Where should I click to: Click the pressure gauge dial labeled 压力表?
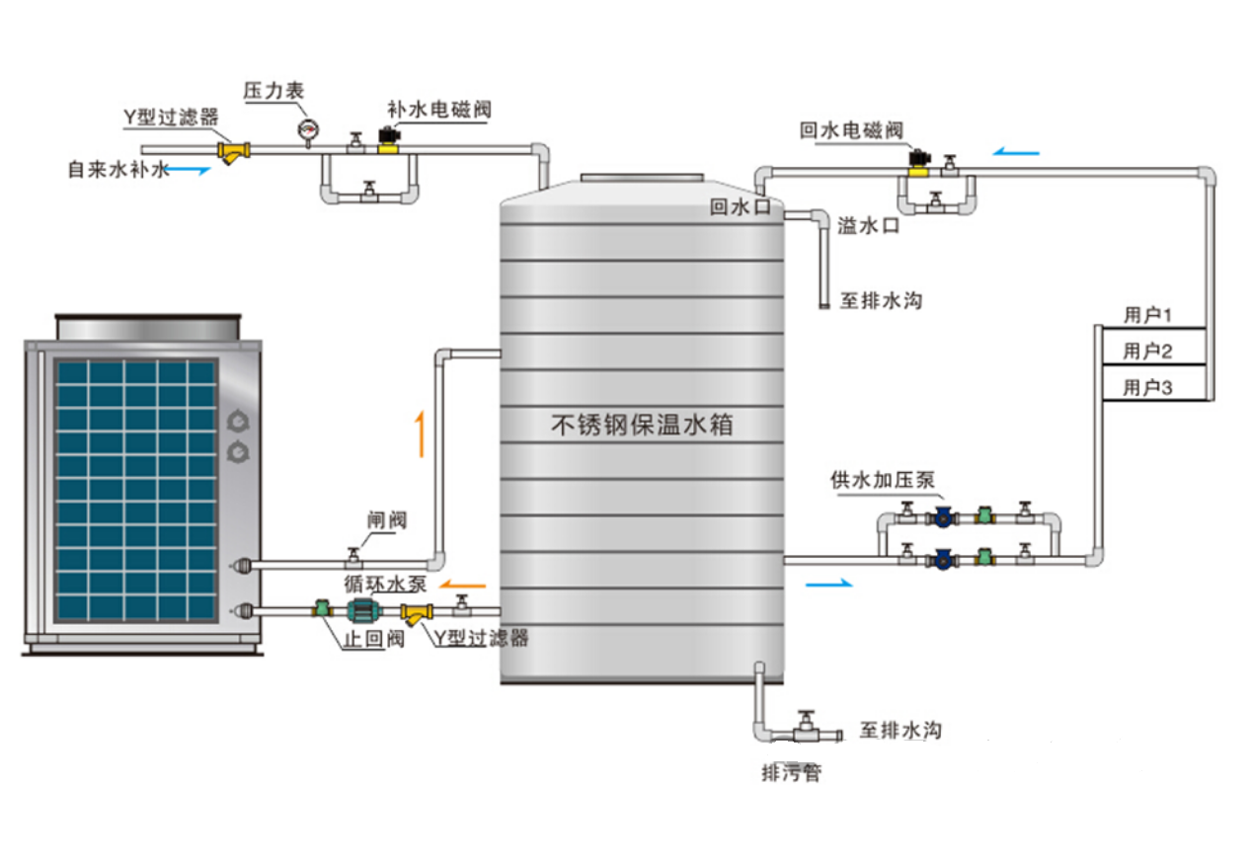click(308, 128)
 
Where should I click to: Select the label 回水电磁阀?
click(851, 130)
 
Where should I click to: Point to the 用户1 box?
click(1149, 315)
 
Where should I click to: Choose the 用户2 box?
click(1149, 351)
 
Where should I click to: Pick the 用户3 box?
click(1149, 387)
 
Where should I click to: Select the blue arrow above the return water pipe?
click(1016, 152)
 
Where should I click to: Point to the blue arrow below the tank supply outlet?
click(827, 585)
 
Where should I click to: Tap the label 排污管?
click(790, 773)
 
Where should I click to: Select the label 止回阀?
click(373, 638)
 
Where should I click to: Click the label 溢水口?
click(869, 225)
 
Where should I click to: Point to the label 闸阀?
click(384, 520)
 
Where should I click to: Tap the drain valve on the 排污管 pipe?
click(807, 730)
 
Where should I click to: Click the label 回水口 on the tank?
click(732, 207)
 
